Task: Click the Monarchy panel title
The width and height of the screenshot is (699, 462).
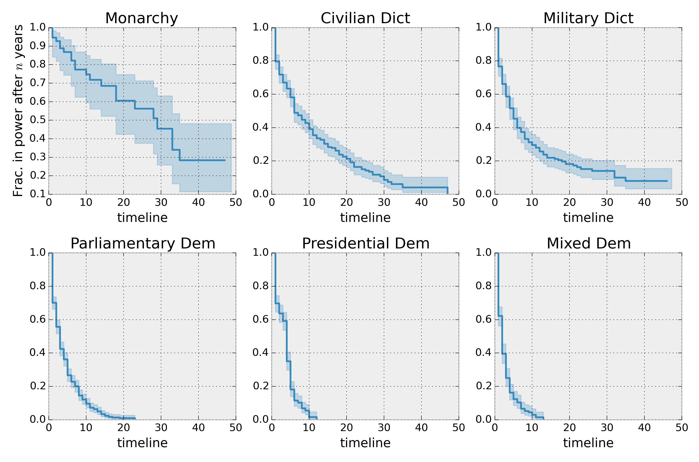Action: click(142, 18)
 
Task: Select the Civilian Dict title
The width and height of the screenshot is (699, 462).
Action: click(365, 18)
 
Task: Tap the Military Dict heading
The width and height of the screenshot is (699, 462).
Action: click(588, 18)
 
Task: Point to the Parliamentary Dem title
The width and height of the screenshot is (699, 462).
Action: click(143, 244)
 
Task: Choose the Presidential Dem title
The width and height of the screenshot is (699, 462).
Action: click(365, 244)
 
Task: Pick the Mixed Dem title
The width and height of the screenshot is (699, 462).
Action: click(588, 244)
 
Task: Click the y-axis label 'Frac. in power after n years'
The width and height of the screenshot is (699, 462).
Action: click(18, 111)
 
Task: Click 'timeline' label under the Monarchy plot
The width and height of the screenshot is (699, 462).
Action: click(142, 218)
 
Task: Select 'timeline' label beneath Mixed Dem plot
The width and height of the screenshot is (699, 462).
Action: click(588, 443)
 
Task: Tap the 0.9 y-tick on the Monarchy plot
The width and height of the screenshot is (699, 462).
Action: click(38, 46)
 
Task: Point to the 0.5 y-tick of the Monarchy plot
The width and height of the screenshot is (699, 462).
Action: click(38, 120)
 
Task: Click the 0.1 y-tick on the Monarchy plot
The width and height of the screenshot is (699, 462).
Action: click(38, 194)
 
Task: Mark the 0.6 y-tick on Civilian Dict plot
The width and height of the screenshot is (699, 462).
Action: click(261, 94)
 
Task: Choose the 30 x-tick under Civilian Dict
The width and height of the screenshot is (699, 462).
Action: click(384, 202)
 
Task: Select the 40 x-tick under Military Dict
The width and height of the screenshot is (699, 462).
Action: click(644, 202)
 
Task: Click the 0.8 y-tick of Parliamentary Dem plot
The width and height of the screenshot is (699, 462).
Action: click(38, 286)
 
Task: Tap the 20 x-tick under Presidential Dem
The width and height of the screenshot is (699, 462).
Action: click(347, 428)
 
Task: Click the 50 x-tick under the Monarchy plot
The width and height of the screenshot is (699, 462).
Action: click(236, 202)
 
